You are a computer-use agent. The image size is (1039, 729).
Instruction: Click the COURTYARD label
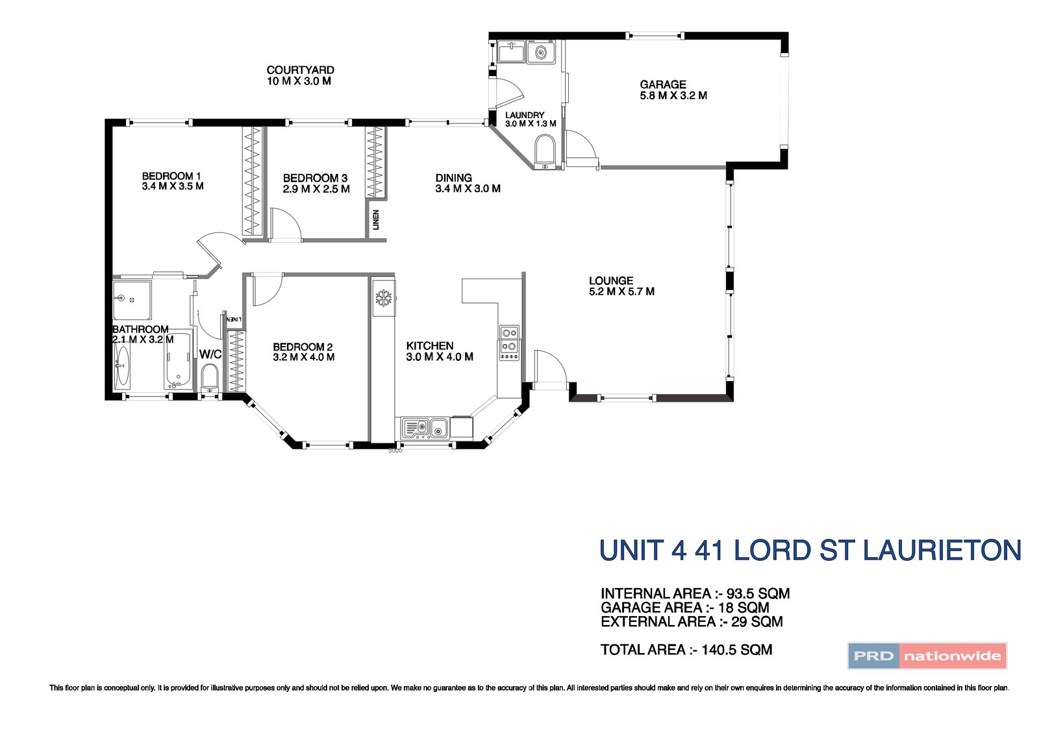(x=300, y=70)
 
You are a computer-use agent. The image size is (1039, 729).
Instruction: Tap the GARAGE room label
(x=662, y=84)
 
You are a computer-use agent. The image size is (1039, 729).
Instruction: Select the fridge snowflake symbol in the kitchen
(x=383, y=298)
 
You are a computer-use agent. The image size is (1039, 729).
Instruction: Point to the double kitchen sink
(x=425, y=428)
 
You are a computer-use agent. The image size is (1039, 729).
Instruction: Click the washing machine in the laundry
(x=540, y=52)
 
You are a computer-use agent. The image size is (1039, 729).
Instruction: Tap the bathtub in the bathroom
(x=177, y=360)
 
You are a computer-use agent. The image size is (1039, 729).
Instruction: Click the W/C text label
(x=210, y=354)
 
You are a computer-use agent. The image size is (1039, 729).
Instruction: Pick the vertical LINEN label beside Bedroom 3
(x=375, y=220)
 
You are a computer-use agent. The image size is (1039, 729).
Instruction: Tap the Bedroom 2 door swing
(x=266, y=289)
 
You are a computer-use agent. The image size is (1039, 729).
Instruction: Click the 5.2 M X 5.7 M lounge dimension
(x=621, y=291)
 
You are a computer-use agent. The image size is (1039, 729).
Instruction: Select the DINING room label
(x=453, y=178)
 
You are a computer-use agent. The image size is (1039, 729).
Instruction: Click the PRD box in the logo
(x=873, y=656)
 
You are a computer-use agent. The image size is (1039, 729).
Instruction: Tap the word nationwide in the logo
(x=952, y=656)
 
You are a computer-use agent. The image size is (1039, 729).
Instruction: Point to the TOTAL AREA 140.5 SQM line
(x=686, y=650)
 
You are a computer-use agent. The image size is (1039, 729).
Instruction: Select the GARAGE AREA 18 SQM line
(x=684, y=608)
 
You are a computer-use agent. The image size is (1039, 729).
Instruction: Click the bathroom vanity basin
(x=122, y=367)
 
